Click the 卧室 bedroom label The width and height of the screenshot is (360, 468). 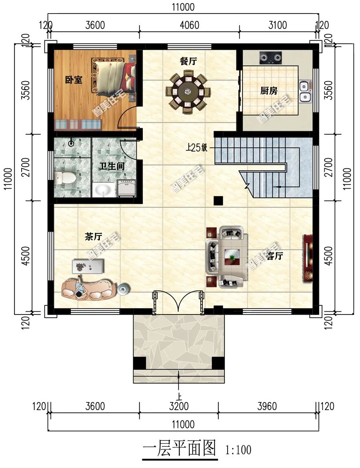click(x=74, y=80)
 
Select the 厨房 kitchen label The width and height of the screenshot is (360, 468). click(x=269, y=91)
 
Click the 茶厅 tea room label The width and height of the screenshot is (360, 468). click(x=92, y=237)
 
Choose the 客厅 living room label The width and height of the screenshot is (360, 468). click(x=274, y=256)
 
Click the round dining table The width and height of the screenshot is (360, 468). click(x=186, y=91)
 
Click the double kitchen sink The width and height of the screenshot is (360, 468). click(x=305, y=91)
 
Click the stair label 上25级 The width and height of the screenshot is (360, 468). click(x=196, y=148)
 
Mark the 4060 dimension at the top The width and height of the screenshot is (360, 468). click(x=189, y=25)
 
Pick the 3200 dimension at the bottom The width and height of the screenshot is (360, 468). click(x=179, y=406)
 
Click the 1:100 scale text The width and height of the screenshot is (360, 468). click(x=239, y=450)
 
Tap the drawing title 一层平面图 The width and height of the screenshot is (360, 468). click(x=179, y=449)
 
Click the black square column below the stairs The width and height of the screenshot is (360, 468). click(x=218, y=201)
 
